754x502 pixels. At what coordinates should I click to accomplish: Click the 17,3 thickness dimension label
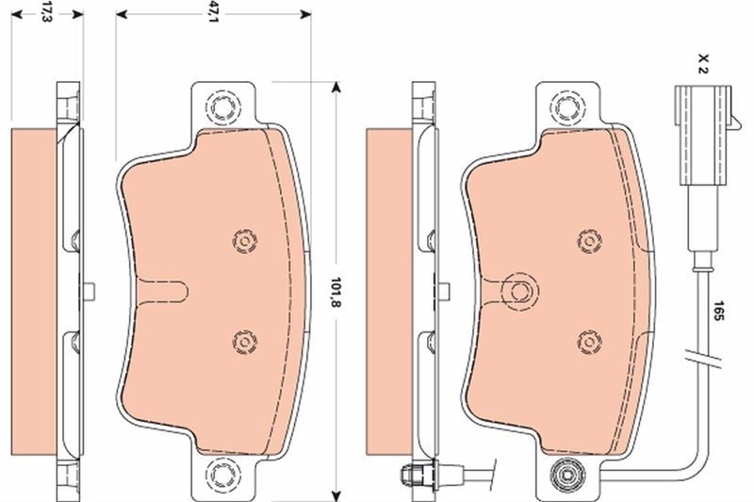46,13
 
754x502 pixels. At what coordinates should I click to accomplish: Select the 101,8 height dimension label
336,292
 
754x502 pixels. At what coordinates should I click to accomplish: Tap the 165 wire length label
718,311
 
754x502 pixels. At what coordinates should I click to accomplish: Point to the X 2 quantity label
703,63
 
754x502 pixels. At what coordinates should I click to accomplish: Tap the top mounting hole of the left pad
223,106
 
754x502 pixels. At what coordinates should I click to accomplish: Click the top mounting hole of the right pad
567,106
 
